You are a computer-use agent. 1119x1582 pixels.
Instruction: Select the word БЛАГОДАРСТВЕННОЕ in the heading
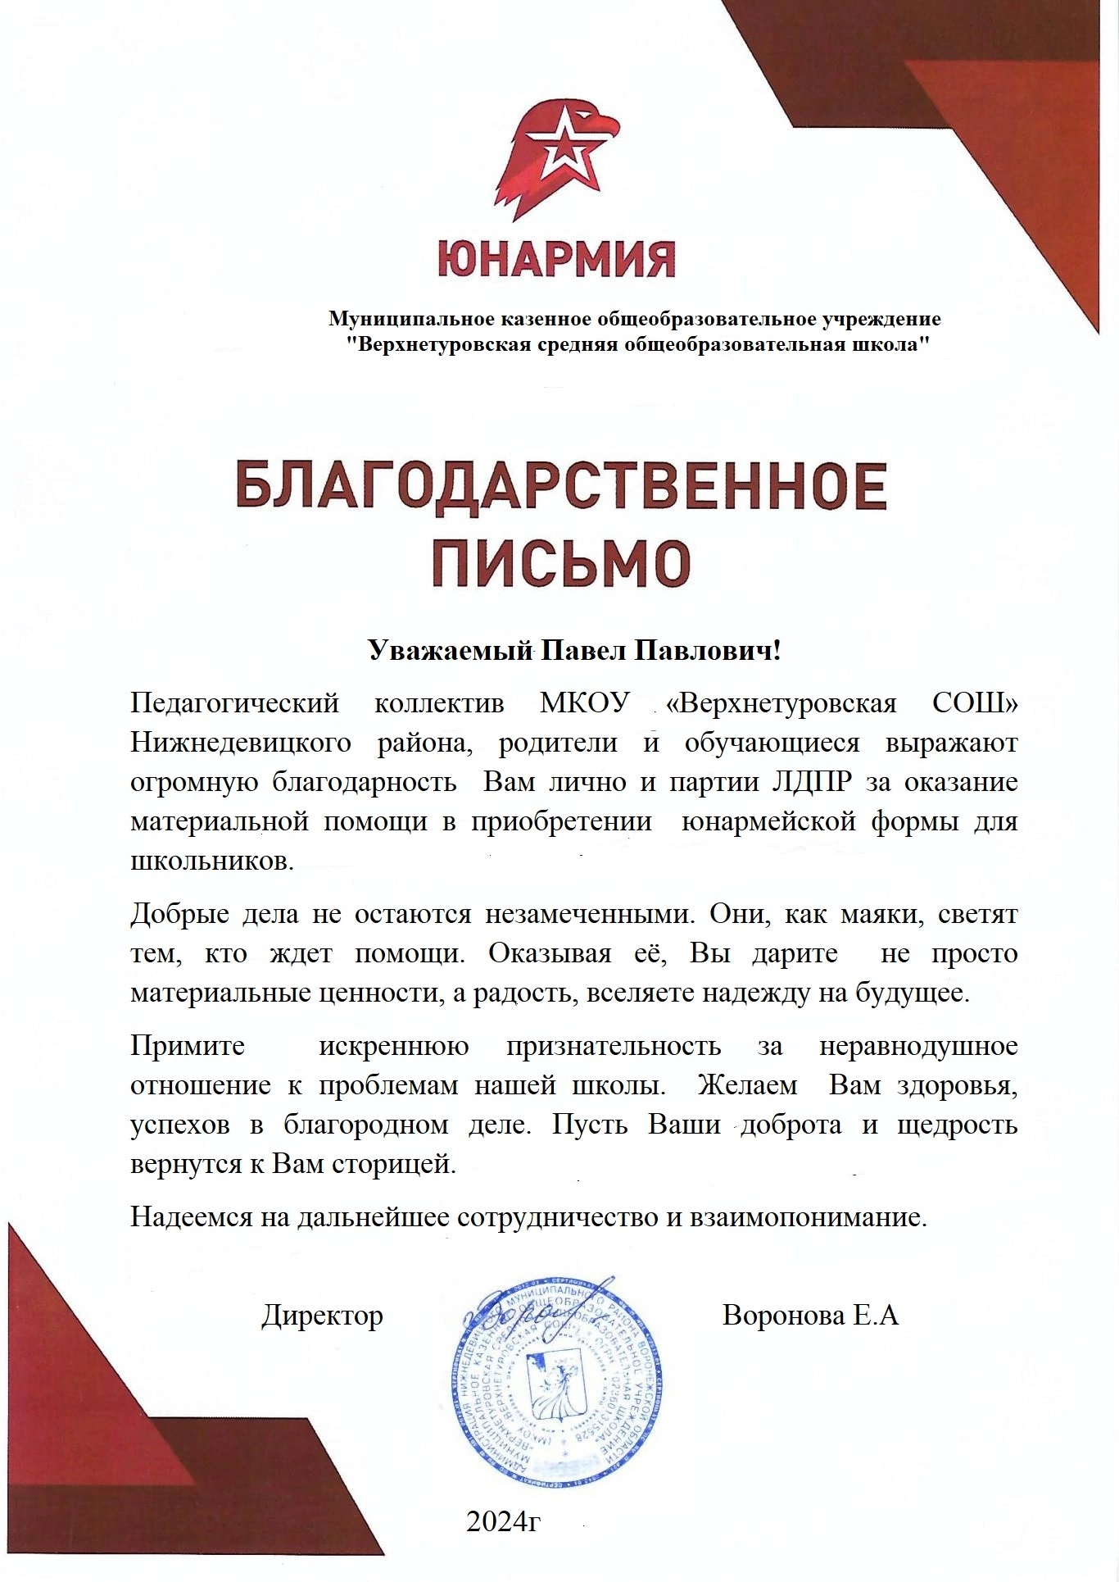click(560, 489)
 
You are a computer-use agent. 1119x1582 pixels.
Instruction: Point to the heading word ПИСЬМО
click(561, 561)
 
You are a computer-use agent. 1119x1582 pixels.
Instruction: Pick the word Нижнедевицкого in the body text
click(241, 743)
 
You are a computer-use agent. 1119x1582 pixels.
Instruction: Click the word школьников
click(211, 861)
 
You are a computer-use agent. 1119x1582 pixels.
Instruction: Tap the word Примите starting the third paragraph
click(188, 1046)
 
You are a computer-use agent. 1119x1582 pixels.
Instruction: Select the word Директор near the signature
click(322, 1316)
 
